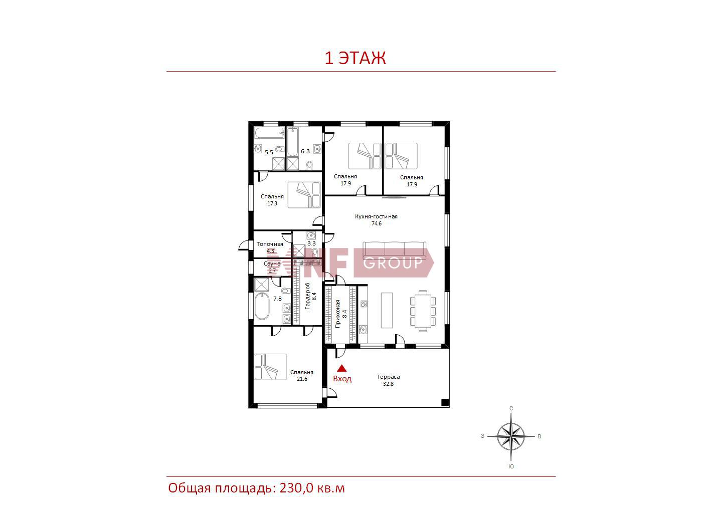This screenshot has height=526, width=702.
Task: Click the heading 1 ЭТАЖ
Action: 355,58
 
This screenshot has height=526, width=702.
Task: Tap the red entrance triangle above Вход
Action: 342,369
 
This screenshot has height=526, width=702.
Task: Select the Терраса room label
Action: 388,377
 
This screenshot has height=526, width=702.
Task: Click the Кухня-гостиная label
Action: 376,216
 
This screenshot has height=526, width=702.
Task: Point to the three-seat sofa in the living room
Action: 394,250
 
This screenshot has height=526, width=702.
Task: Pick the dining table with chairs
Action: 423,311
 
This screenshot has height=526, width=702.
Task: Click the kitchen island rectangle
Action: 387,310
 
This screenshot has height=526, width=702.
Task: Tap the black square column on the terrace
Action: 445,402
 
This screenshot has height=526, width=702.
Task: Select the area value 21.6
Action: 302,379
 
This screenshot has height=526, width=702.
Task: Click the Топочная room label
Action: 270,244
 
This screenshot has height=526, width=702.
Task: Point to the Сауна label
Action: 272,264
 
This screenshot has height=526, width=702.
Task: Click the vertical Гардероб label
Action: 308,296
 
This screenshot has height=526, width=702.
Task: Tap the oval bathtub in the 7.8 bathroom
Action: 262,306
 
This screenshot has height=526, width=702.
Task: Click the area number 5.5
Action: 269,152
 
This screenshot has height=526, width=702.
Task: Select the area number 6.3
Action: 305,151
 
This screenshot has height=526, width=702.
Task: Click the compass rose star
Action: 511,436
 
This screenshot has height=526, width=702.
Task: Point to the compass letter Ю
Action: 511,466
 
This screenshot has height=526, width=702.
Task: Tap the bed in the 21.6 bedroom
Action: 270,367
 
